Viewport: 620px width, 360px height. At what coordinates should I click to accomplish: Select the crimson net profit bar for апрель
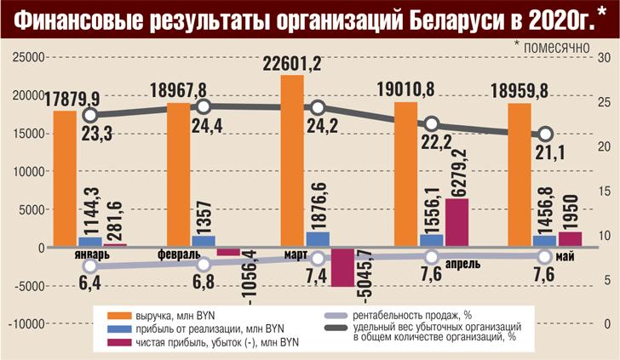coord(456,223)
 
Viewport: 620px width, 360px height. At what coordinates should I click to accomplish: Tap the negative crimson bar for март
coord(343,267)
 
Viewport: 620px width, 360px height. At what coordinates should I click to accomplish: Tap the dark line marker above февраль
coord(204,106)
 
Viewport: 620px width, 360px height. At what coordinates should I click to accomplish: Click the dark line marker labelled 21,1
coord(546,134)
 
